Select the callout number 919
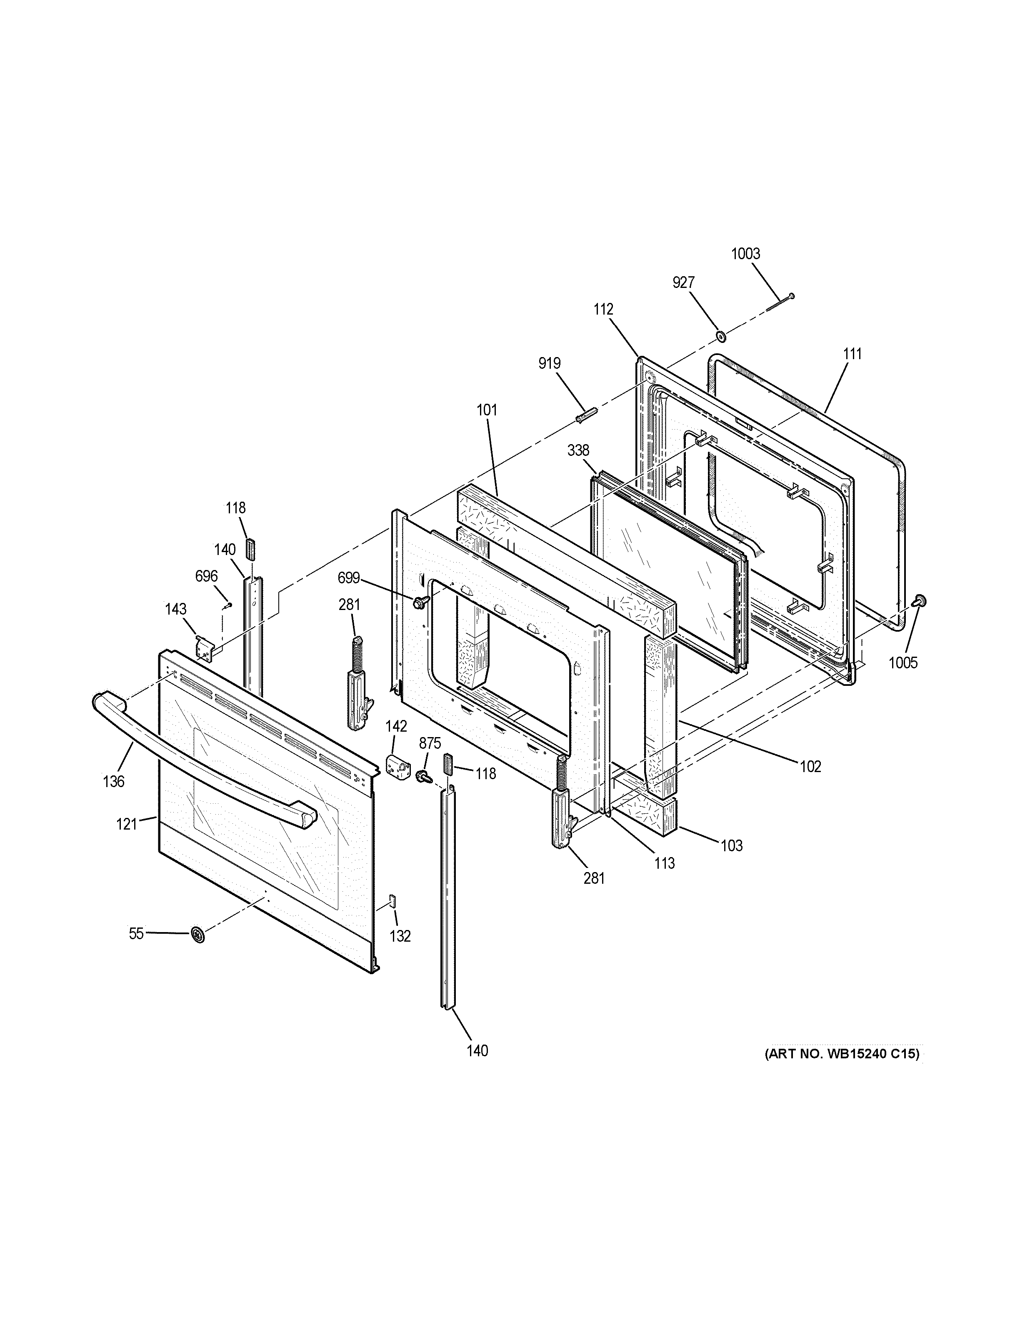(549, 363)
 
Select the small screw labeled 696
(228, 605)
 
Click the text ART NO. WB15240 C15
(842, 1054)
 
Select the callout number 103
(731, 845)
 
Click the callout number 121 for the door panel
(127, 824)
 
